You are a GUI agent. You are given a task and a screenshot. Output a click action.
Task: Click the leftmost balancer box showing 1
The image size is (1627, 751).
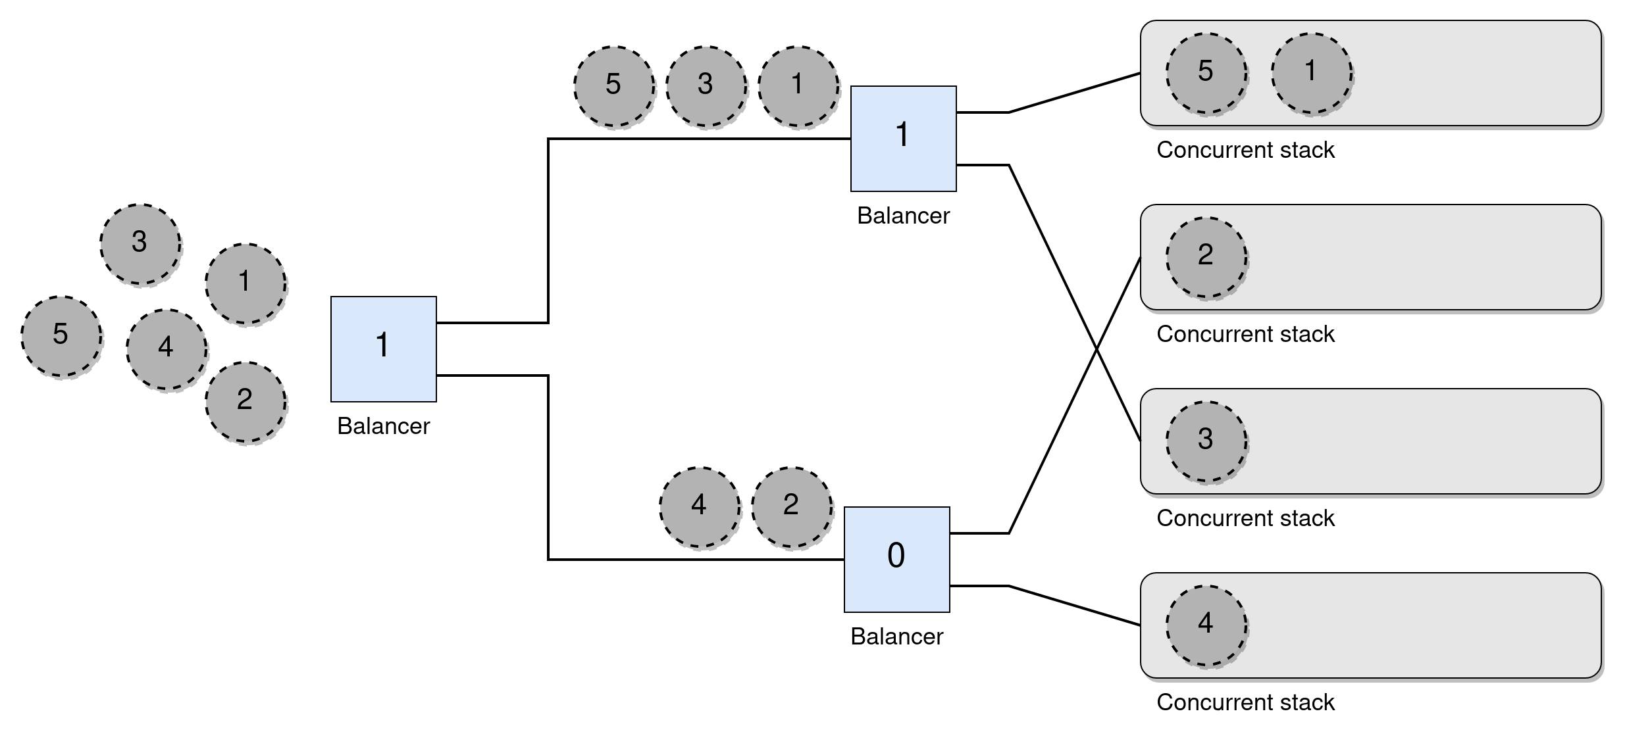tap(383, 349)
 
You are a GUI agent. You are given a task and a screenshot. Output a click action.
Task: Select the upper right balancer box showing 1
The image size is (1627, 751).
tap(903, 138)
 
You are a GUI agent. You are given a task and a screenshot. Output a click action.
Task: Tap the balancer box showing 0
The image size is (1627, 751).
tap(896, 559)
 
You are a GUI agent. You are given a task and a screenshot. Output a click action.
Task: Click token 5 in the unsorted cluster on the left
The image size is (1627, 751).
tap(61, 336)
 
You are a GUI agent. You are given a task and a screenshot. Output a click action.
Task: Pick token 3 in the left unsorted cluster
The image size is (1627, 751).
tap(140, 244)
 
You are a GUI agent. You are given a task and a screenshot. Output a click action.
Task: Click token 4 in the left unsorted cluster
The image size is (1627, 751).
tap(167, 349)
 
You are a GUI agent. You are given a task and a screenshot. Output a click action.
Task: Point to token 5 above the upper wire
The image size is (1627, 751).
tap(614, 86)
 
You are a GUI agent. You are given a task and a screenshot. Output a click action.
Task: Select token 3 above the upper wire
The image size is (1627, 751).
tap(706, 86)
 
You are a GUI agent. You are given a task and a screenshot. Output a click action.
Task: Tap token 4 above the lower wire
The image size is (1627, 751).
tap(700, 507)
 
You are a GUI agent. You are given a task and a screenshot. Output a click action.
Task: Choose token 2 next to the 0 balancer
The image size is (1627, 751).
tap(792, 507)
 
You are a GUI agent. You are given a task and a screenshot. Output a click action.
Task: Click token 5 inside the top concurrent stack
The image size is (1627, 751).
tap(1206, 73)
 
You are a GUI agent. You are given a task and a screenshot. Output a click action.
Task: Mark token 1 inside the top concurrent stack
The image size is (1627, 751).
tap(1312, 73)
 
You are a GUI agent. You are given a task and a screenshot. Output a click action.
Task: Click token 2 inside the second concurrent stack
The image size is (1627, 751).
tap(1206, 257)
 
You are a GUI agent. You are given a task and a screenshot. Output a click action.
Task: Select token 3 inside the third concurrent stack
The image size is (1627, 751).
tap(1206, 441)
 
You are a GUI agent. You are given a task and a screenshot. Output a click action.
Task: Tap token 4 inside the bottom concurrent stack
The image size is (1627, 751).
tap(1206, 625)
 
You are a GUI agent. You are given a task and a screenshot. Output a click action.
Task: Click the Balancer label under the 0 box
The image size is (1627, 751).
tap(896, 637)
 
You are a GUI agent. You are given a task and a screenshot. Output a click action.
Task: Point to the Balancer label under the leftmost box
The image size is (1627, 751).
tap(383, 426)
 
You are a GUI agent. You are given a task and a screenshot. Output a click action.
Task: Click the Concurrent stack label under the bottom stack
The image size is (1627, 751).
tap(1245, 702)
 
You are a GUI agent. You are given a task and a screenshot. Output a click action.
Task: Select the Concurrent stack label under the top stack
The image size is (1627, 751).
tap(1245, 150)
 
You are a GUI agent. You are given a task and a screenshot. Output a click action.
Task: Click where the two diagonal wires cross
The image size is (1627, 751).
tap(1097, 349)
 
